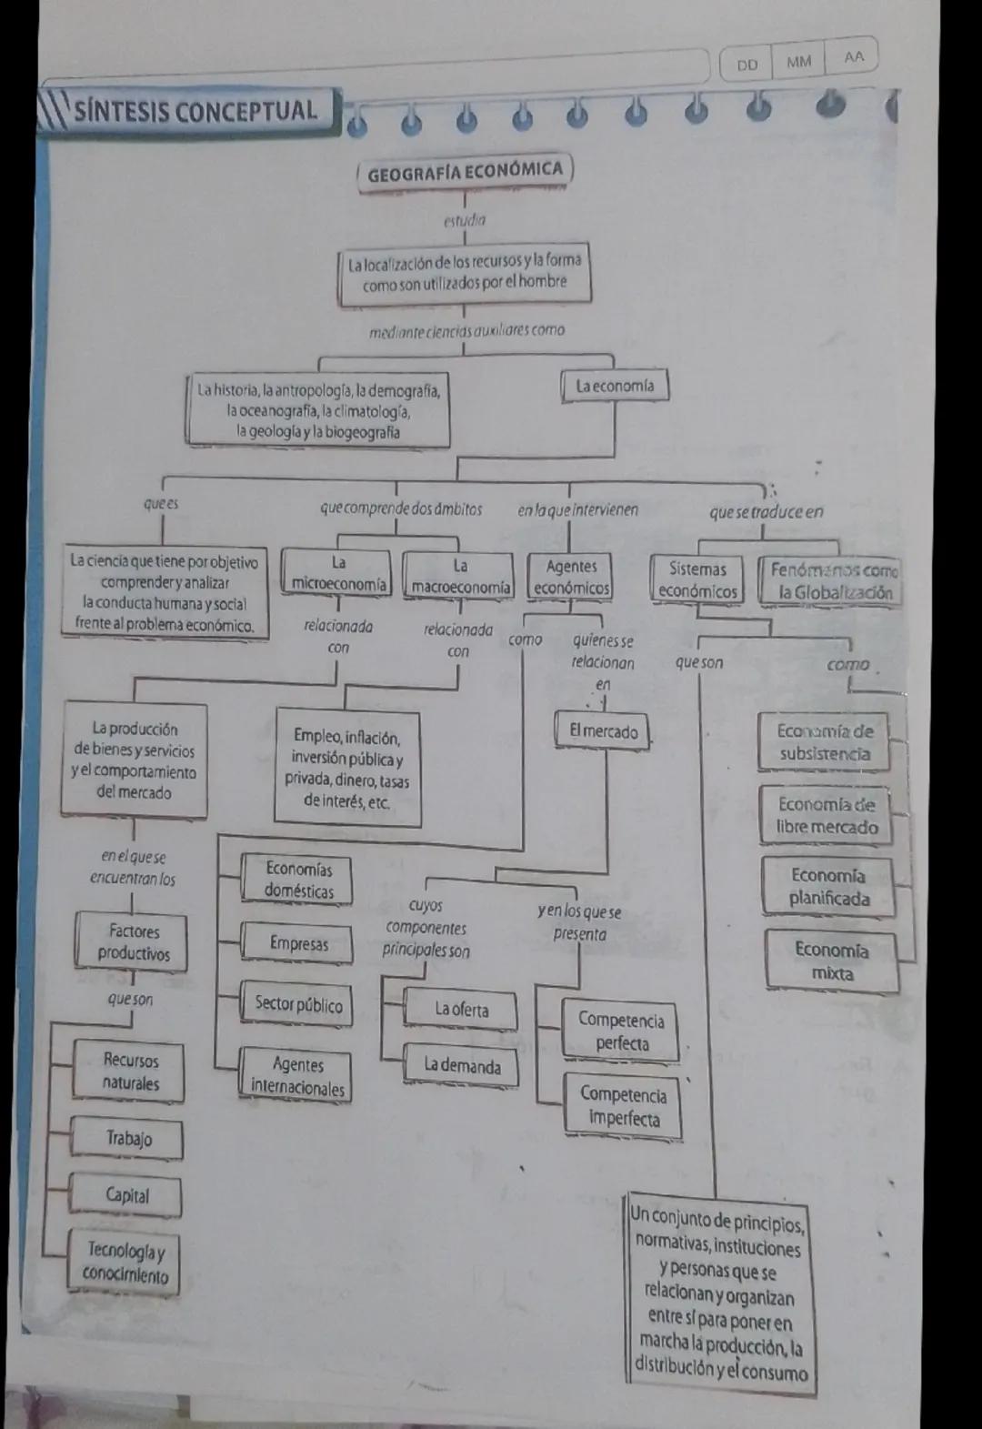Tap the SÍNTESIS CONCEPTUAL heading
tap(195, 112)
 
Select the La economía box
tap(615, 386)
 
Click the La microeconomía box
tap(338, 575)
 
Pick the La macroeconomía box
tap(460, 578)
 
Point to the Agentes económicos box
tap(571, 578)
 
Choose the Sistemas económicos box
tap(697, 580)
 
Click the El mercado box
tap(604, 731)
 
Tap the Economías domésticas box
tap(298, 880)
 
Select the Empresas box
tap(298, 943)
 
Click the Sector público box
tap(298, 1004)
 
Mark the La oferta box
tap(461, 1010)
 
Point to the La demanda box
tap(462, 1065)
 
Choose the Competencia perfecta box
tap(622, 1031)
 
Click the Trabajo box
tap(128, 1139)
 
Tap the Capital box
tap(127, 1196)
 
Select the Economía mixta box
tap(831, 961)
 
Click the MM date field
tap(798, 62)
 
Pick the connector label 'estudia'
tap(465, 220)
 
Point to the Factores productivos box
tap(134, 942)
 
